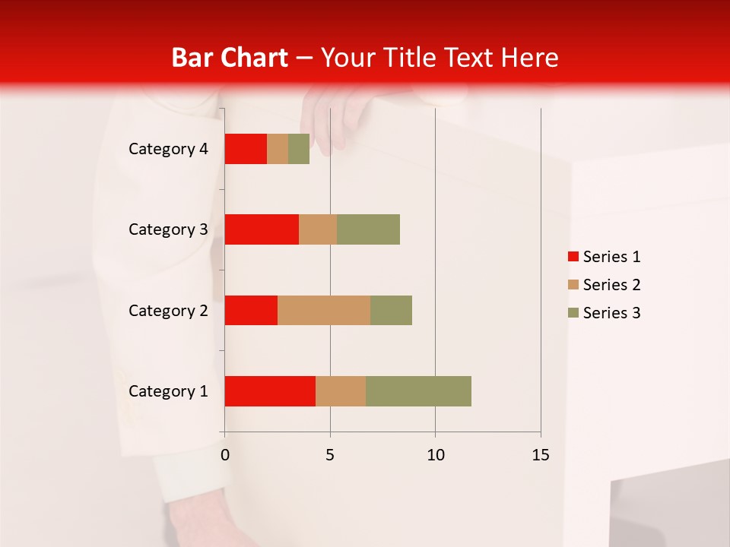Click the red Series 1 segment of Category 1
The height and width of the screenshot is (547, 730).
(x=270, y=391)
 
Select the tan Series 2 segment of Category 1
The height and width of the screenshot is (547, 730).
(x=341, y=391)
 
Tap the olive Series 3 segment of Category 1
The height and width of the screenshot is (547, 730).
(x=418, y=391)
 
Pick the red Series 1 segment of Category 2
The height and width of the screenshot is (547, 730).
(x=251, y=310)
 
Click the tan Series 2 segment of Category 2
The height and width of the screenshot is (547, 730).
(x=324, y=310)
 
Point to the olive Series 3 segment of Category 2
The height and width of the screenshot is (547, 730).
(x=391, y=310)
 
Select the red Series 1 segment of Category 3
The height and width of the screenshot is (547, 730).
(x=262, y=229)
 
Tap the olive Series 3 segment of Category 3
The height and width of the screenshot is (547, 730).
(x=368, y=229)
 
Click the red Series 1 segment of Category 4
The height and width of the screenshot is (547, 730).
(x=246, y=149)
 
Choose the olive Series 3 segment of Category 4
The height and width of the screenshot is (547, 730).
(x=299, y=149)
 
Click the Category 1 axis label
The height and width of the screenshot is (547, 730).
(x=168, y=391)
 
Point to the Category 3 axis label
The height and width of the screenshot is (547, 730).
(x=168, y=229)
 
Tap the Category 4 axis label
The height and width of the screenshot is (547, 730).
(x=168, y=149)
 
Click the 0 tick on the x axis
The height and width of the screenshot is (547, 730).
(x=224, y=455)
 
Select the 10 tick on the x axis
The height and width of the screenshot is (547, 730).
(x=435, y=455)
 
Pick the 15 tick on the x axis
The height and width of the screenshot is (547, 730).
(x=541, y=455)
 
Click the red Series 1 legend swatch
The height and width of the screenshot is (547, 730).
(x=573, y=257)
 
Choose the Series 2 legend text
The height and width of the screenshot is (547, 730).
(x=611, y=285)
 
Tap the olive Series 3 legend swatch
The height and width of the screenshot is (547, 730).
(x=573, y=313)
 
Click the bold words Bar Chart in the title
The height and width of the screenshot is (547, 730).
(x=229, y=58)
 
